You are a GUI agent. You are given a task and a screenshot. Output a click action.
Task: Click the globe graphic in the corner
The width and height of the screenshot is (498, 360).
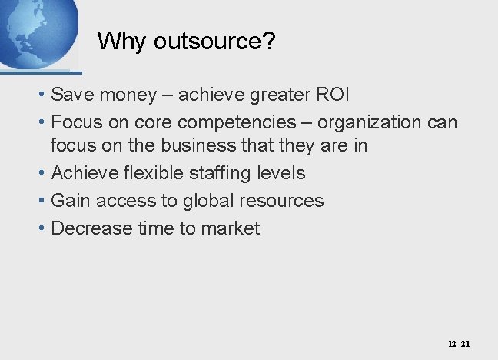tap(37, 31)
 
